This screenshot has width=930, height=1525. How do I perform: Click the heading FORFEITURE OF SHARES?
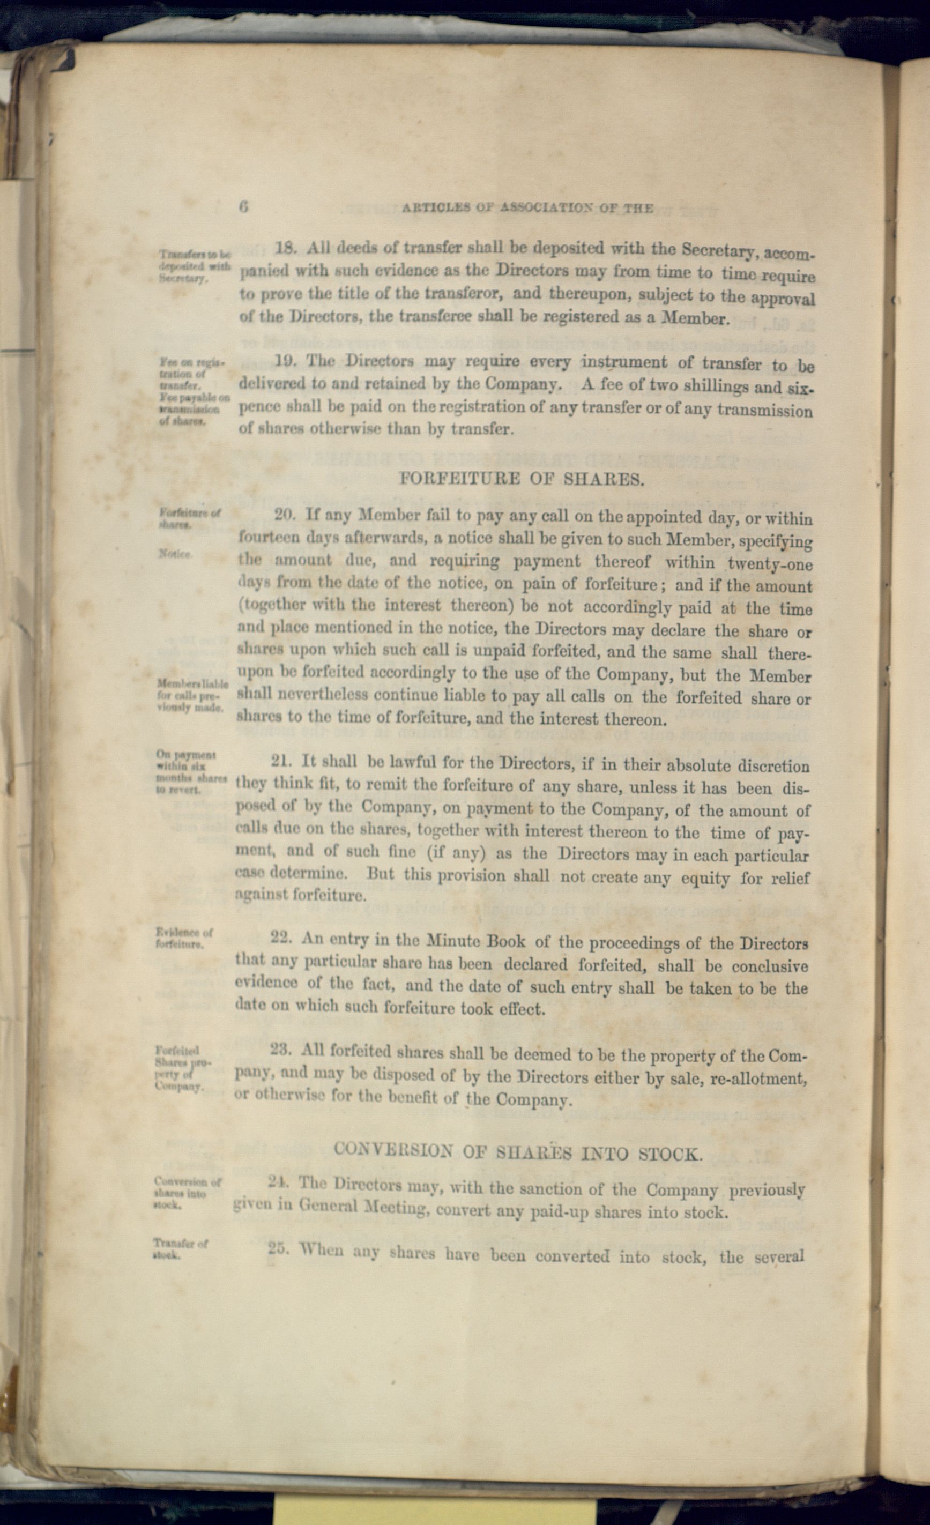522,479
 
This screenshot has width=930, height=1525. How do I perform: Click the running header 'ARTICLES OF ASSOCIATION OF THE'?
527,208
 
